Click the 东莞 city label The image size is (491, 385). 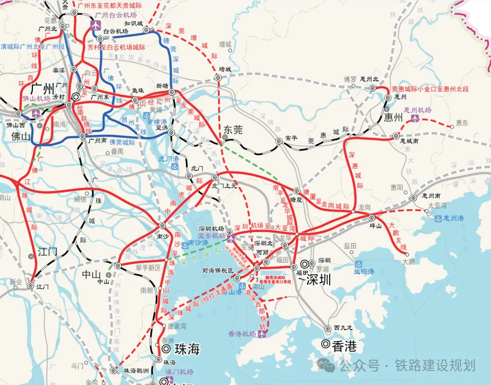[232, 130]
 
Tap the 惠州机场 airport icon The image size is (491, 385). [415, 118]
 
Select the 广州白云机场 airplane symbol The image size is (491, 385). [95, 24]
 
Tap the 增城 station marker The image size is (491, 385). [218, 78]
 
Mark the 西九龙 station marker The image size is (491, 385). [327, 328]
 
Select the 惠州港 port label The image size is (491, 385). [454, 218]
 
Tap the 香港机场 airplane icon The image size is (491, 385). [262, 334]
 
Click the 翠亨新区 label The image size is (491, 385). [149, 268]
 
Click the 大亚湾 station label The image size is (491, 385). [436, 205]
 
